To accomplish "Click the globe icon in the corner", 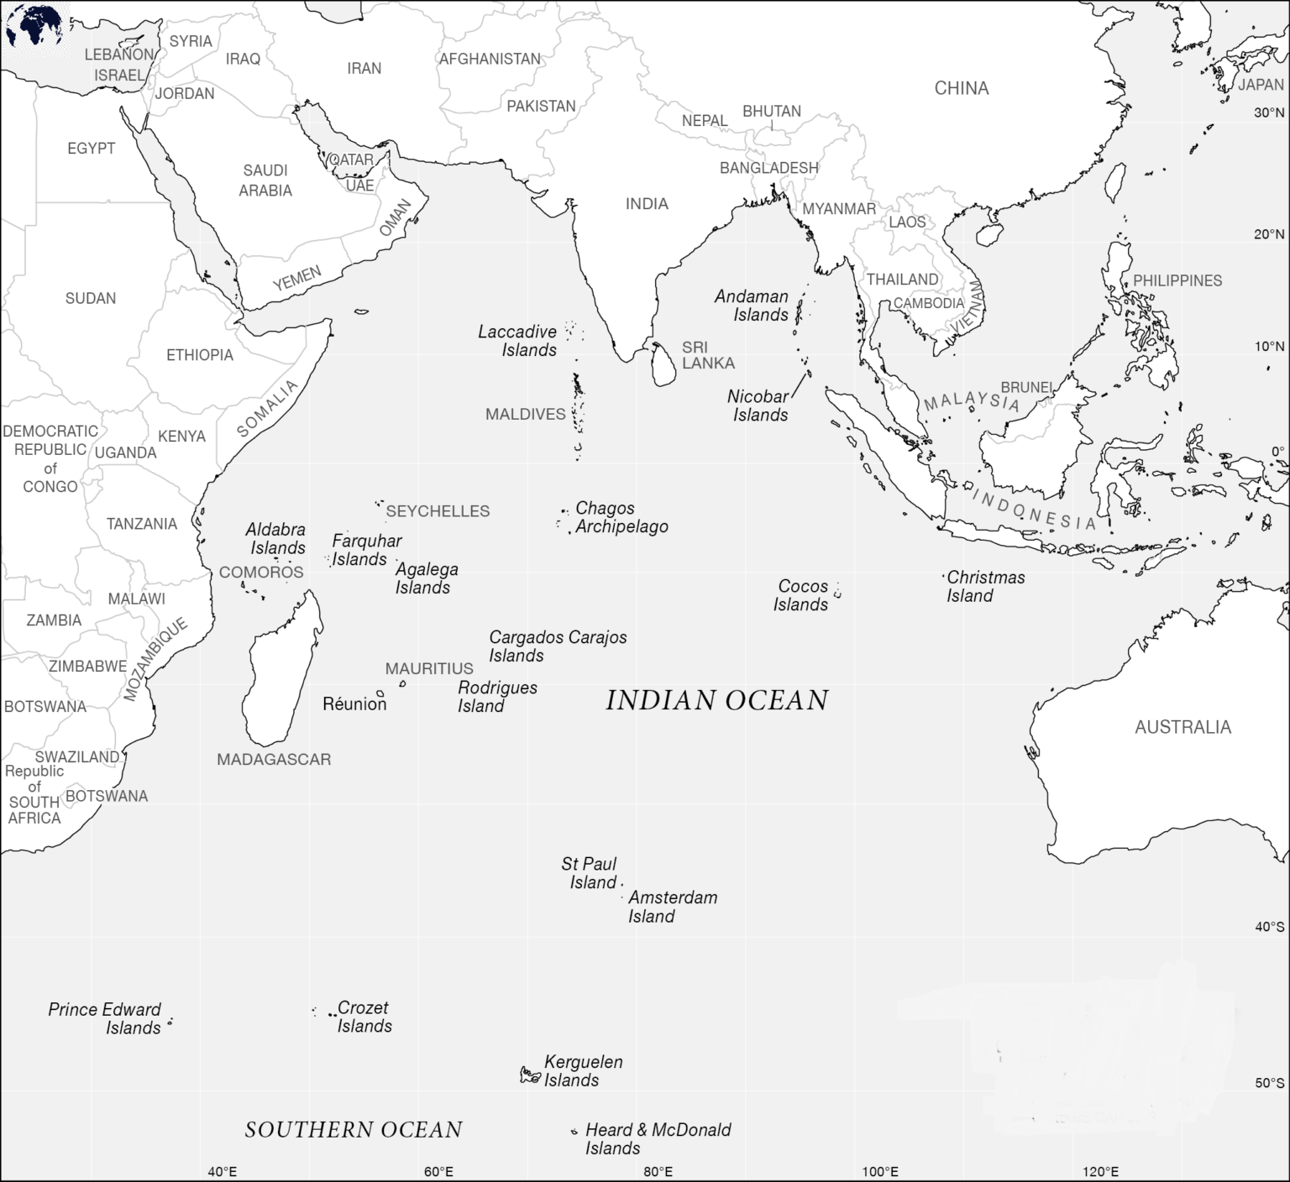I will tap(34, 26).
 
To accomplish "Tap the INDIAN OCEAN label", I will tap(716, 700).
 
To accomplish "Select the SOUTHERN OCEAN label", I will tap(354, 1130).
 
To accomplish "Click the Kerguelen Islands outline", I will tap(529, 1075).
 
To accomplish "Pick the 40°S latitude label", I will tap(1269, 927).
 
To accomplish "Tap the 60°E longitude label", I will tap(438, 1172).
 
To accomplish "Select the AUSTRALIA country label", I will tap(1182, 727).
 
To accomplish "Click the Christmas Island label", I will tap(985, 586).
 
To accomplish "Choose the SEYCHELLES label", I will tap(438, 511).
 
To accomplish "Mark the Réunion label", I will tap(354, 704).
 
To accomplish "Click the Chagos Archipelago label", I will tap(621, 517).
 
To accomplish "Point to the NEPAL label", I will tap(704, 121).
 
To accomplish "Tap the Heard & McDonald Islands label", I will tap(658, 1138).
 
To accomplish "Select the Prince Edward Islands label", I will tap(104, 1018).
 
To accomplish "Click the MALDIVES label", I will tap(525, 414).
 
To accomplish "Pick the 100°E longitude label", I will tap(879, 1172).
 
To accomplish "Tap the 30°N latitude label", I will tap(1269, 112).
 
